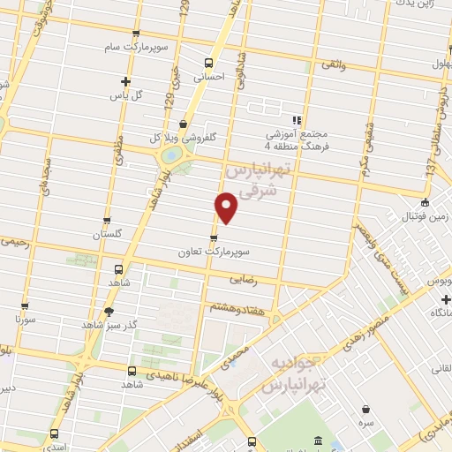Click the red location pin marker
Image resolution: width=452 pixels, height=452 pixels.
pos(227,208)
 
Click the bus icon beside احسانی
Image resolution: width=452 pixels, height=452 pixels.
pos(208,63)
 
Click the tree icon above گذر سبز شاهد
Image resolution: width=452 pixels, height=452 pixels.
pos(109,312)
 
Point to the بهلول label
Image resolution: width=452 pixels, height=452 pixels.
pos(438,64)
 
